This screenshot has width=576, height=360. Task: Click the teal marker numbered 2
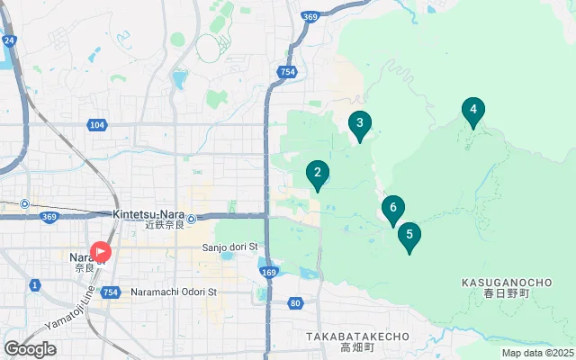(x=317, y=174)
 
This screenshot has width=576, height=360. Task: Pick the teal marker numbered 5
(x=409, y=237)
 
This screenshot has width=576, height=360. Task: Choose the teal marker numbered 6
(x=392, y=210)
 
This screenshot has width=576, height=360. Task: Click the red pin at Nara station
(x=100, y=252)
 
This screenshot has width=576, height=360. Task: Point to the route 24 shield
(x=9, y=40)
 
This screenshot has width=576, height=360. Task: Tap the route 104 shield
(x=97, y=125)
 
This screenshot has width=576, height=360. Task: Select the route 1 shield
(x=34, y=285)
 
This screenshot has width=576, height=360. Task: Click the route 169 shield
(x=269, y=271)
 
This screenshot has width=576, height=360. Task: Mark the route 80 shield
(x=296, y=303)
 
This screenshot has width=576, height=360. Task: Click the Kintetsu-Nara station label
(x=149, y=214)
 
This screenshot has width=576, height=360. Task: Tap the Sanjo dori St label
(x=229, y=247)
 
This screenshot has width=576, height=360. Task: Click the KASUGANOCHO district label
(x=507, y=282)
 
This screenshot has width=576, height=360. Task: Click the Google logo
(x=30, y=349)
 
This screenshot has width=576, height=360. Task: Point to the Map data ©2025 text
(x=537, y=354)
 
